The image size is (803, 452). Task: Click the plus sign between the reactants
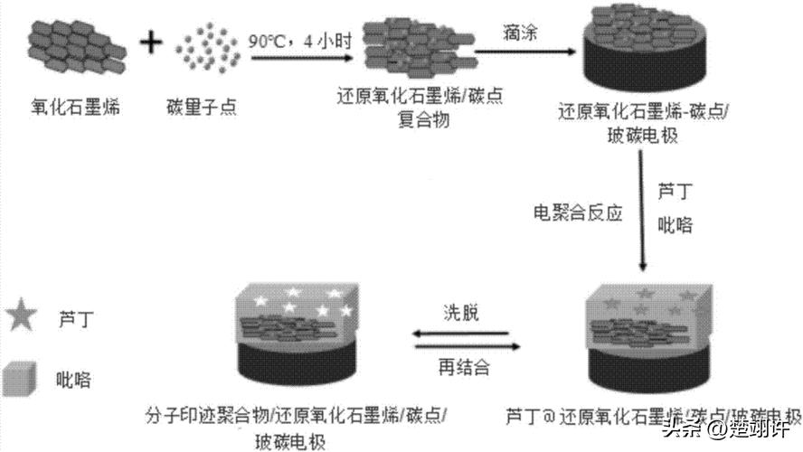click(x=154, y=42)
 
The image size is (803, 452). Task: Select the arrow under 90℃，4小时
click(x=301, y=58)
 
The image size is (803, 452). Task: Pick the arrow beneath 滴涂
click(x=524, y=51)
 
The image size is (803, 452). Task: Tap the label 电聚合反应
click(x=578, y=214)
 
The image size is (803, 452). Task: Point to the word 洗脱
click(x=460, y=315)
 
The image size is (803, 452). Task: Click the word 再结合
click(x=459, y=368)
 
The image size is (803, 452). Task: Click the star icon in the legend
click(x=21, y=317)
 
